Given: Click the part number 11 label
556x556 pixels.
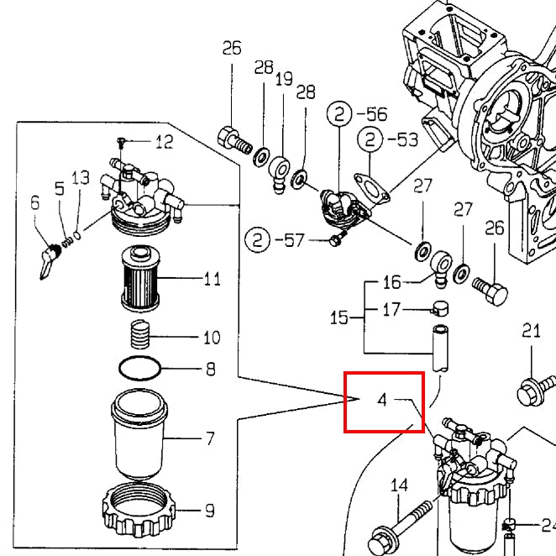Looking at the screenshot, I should pyautogui.click(x=212, y=278).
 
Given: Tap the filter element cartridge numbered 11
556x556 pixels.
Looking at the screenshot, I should pyautogui.click(x=139, y=278).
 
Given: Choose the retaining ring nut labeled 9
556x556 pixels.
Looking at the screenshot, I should pyautogui.click(x=141, y=510).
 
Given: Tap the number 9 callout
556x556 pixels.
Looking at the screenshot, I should pyautogui.click(x=209, y=510).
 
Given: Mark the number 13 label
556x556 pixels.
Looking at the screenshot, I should pyautogui.click(x=80, y=178).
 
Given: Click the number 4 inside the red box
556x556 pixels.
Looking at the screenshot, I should pyautogui.click(x=382, y=400).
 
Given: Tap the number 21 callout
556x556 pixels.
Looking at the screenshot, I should pyautogui.click(x=531, y=331).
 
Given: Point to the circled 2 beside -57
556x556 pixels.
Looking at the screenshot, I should pyautogui.click(x=256, y=240).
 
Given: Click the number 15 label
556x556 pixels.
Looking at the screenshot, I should pyautogui.click(x=338, y=318).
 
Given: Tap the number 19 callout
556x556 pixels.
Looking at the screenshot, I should pyautogui.click(x=284, y=80).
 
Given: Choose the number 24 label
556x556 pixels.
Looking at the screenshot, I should pyautogui.click(x=548, y=527).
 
